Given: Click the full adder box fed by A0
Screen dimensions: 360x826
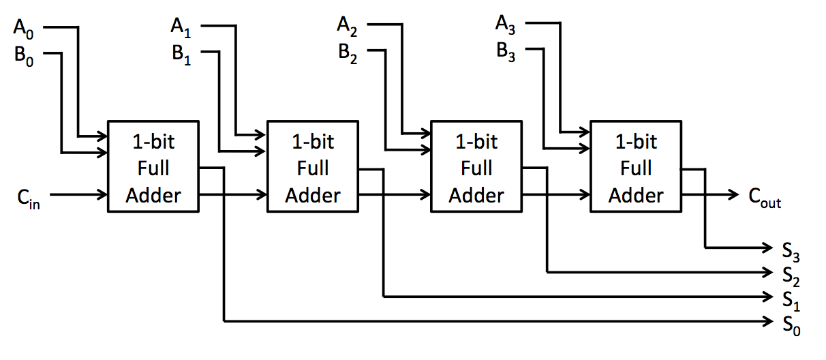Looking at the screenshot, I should [153, 168].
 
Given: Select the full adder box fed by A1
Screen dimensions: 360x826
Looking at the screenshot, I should [313, 168].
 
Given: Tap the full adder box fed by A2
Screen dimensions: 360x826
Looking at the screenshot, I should [476, 168].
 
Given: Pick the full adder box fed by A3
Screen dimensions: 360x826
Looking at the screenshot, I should [636, 168].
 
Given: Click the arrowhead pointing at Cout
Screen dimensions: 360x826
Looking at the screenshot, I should [737, 195].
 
